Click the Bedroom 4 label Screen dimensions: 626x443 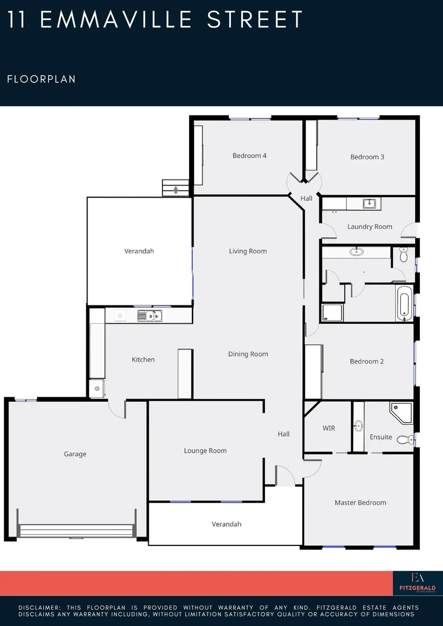[x=249, y=155]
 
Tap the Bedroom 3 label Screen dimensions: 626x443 [x=367, y=157]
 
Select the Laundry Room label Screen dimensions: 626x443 [x=369, y=227]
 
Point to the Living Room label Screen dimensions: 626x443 [x=248, y=251]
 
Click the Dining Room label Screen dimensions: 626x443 [x=248, y=354]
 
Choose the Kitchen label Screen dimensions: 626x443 [x=143, y=359]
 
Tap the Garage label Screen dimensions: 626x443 [x=75, y=454]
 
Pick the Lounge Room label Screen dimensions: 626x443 [x=205, y=450]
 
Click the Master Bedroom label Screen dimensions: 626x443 [x=360, y=503]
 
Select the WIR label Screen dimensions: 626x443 [x=329, y=428]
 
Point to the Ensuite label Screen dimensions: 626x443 [x=381, y=437]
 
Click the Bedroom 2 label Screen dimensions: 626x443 [x=366, y=362]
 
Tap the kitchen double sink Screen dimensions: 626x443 [x=150, y=315]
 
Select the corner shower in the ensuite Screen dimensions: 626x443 [x=401, y=412]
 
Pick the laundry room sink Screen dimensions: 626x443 [x=369, y=203]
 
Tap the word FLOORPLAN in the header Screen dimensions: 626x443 [x=41, y=79]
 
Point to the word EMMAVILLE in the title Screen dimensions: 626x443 [x=117, y=20]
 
